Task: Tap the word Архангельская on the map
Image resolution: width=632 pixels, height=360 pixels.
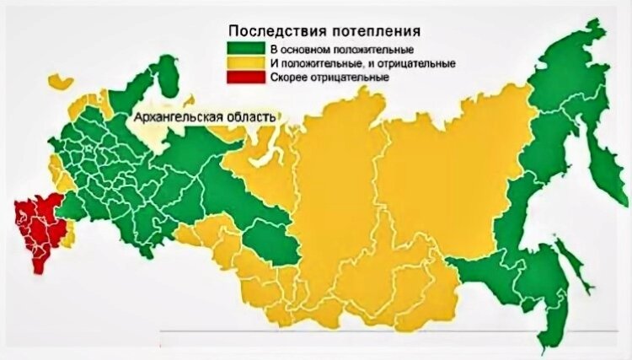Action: click(x=174, y=116)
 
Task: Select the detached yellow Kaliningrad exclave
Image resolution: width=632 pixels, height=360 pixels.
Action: click(x=57, y=81)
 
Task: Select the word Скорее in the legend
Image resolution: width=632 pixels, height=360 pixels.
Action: click(x=289, y=77)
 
